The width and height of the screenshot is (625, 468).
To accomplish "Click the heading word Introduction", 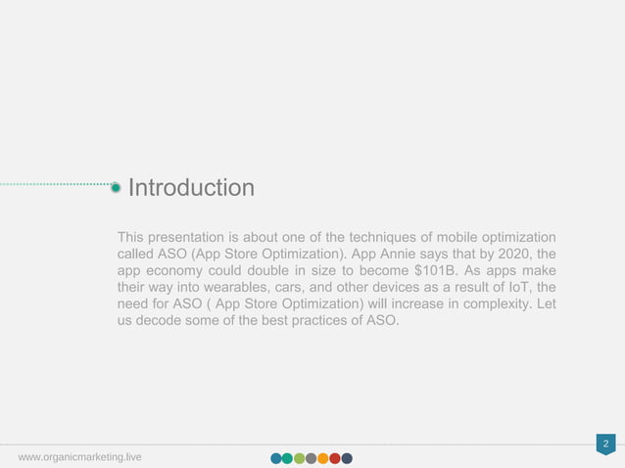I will (x=191, y=187).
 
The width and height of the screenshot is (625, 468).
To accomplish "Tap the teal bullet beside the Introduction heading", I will (x=117, y=187).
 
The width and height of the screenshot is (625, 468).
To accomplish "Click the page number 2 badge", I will (x=606, y=445).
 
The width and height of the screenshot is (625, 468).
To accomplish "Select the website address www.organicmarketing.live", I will (x=79, y=457).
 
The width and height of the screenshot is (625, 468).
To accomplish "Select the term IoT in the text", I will (x=506, y=289).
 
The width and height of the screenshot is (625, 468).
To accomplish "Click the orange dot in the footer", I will (x=323, y=458).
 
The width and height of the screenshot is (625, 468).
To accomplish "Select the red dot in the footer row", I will (x=335, y=458).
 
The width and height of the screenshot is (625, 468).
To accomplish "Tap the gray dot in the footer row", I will (x=312, y=458).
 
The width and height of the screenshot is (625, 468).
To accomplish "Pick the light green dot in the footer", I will (x=300, y=458).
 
